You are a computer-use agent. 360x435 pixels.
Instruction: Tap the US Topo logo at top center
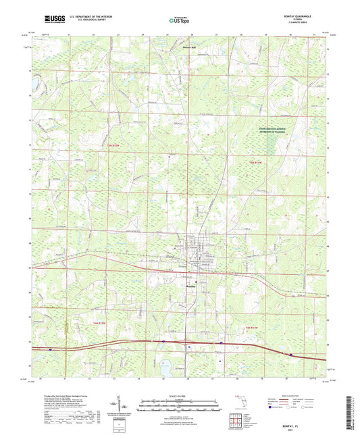coord(179,21)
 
